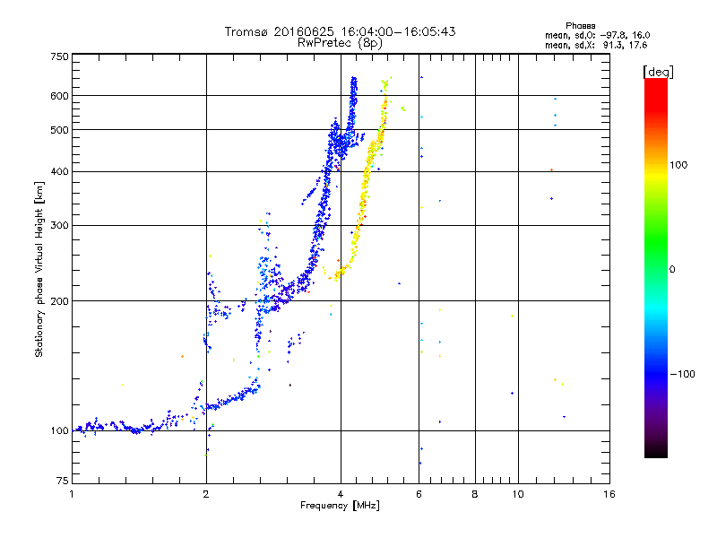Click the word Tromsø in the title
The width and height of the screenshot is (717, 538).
click(x=248, y=31)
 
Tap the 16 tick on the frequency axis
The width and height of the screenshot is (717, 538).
click(x=609, y=494)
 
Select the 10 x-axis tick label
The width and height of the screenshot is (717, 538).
click(x=517, y=494)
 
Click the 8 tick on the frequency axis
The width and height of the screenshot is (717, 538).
click(x=475, y=494)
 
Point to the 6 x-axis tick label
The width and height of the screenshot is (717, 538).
click(x=419, y=494)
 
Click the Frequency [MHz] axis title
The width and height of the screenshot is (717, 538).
click(x=340, y=507)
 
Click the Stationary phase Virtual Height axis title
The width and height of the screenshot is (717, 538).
click(x=39, y=269)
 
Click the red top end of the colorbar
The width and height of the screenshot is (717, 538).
click(x=655, y=83)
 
